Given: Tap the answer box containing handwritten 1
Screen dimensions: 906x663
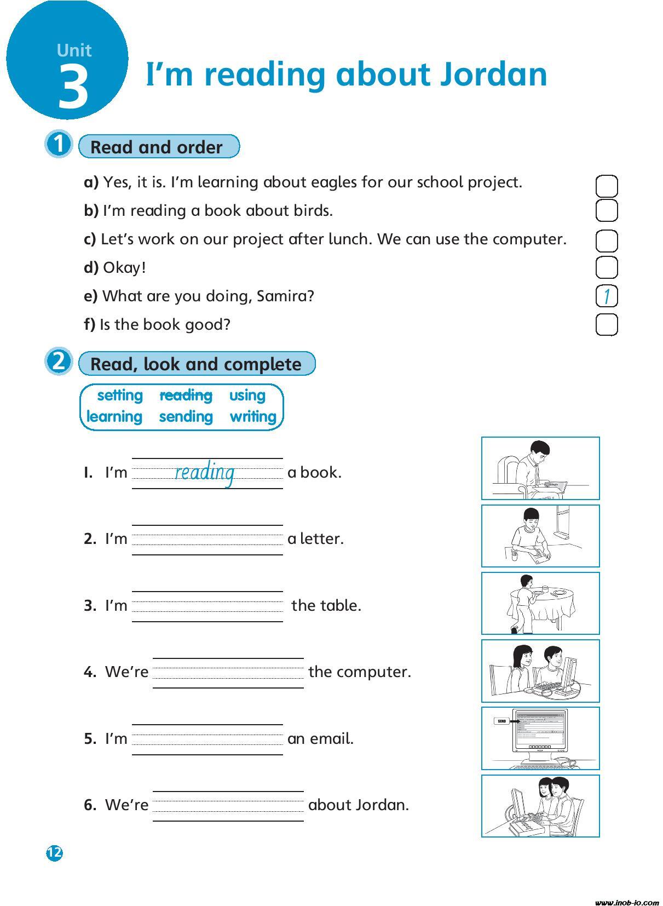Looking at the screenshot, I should [x=606, y=296].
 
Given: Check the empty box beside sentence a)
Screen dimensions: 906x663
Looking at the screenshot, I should [x=606, y=186].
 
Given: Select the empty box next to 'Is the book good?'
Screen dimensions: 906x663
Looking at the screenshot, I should [x=606, y=325].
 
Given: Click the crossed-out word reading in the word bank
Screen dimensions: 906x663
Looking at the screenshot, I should [x=186, y=395].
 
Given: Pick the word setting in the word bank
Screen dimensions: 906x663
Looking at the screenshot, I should [x=119, y=395].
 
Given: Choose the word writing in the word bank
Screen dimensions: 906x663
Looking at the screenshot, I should [x=253, y=416].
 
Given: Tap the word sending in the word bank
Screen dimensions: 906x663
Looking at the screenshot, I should [x=186, y=416].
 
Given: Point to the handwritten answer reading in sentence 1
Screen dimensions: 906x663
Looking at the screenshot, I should [x=205, y=472].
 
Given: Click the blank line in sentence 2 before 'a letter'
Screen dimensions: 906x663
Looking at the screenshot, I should [x=207, y=540].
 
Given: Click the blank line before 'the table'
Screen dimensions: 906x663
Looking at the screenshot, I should [x=207, y=606].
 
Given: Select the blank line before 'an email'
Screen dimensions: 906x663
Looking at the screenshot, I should [x=207, y=739].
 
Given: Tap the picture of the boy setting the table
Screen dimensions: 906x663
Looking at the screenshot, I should [x=540, y=603].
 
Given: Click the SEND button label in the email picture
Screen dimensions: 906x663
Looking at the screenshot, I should [x=501, y=721].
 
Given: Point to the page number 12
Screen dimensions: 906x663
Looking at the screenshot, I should [x=55, y=853].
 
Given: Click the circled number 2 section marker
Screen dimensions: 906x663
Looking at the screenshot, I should [x=58, y=362].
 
